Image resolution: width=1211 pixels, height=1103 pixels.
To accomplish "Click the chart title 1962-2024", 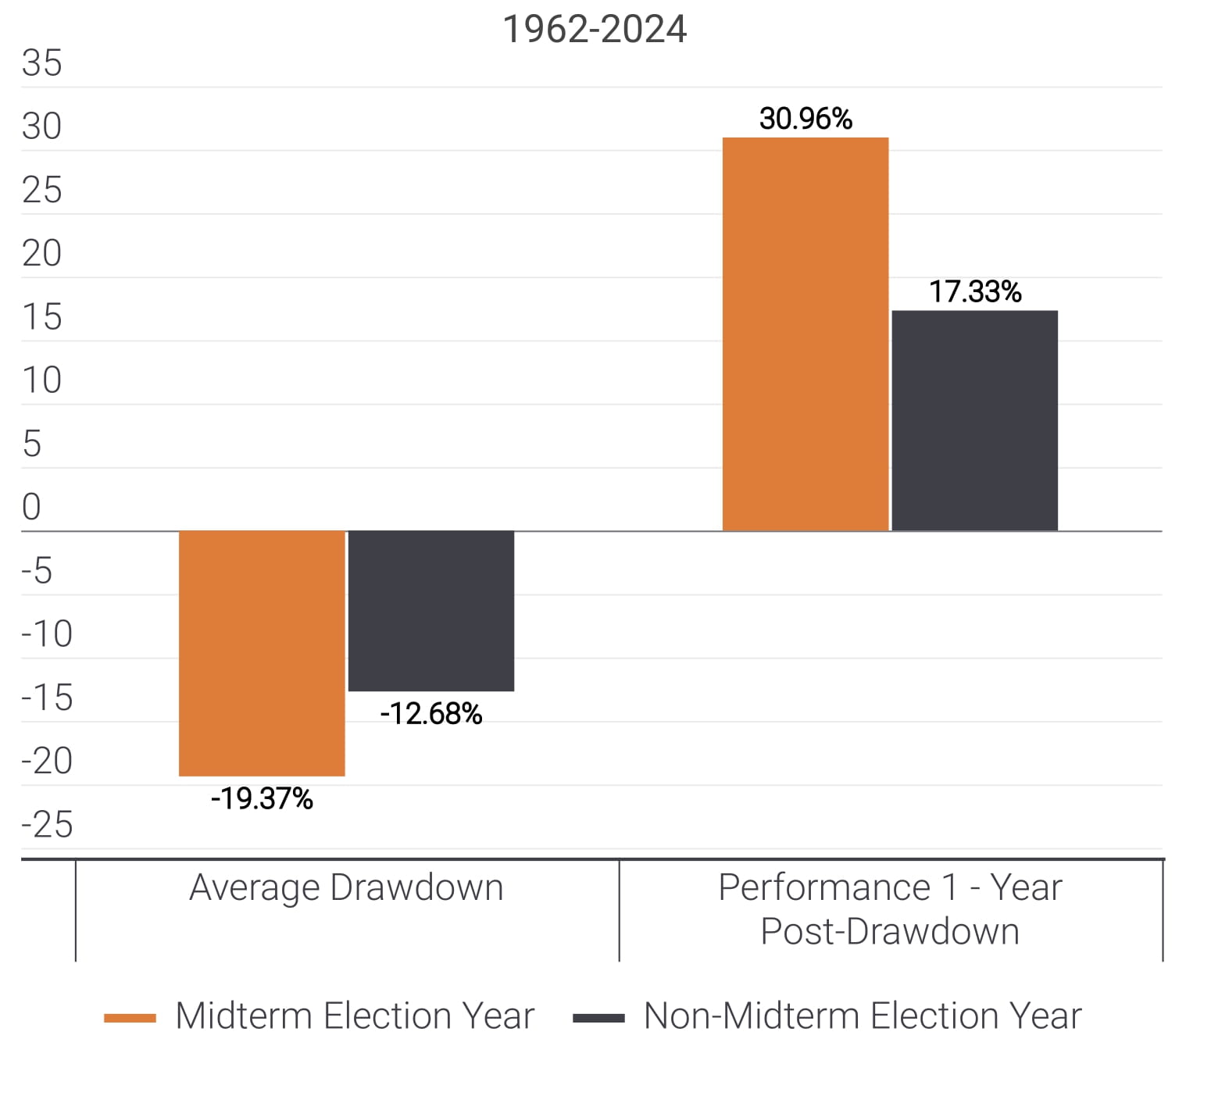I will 595,30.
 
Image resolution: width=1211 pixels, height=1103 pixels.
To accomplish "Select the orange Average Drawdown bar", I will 262,653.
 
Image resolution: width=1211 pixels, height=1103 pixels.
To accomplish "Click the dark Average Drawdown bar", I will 431,611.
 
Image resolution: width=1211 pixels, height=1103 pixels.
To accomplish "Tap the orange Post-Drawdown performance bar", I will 806,334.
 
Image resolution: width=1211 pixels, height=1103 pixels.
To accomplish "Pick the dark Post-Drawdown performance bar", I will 975,421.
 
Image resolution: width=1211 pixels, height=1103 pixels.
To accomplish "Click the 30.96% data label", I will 806,119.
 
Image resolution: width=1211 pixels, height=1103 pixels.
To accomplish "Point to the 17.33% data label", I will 975,292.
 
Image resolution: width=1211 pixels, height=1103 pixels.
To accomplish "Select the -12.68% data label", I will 431,714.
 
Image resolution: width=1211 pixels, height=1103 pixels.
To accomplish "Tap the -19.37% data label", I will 262,798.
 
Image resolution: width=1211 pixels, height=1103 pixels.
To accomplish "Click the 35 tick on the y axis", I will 41,63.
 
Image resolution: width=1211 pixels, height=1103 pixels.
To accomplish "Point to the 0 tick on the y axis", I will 31,507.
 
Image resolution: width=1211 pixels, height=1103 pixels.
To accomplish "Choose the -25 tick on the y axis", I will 47,825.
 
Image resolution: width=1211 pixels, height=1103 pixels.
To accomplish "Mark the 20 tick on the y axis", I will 41,253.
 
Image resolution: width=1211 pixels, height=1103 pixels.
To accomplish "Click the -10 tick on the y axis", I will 47,634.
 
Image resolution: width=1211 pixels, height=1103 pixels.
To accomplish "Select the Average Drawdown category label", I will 346,887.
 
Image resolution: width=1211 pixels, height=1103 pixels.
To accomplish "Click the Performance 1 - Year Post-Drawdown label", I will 890,909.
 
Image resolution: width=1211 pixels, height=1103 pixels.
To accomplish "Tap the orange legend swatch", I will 130,1018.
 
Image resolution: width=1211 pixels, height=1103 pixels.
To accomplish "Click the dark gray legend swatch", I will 598,1018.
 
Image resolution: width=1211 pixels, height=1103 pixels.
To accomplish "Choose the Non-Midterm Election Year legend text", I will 863,1016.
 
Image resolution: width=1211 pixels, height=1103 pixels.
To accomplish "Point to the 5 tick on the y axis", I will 31,444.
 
